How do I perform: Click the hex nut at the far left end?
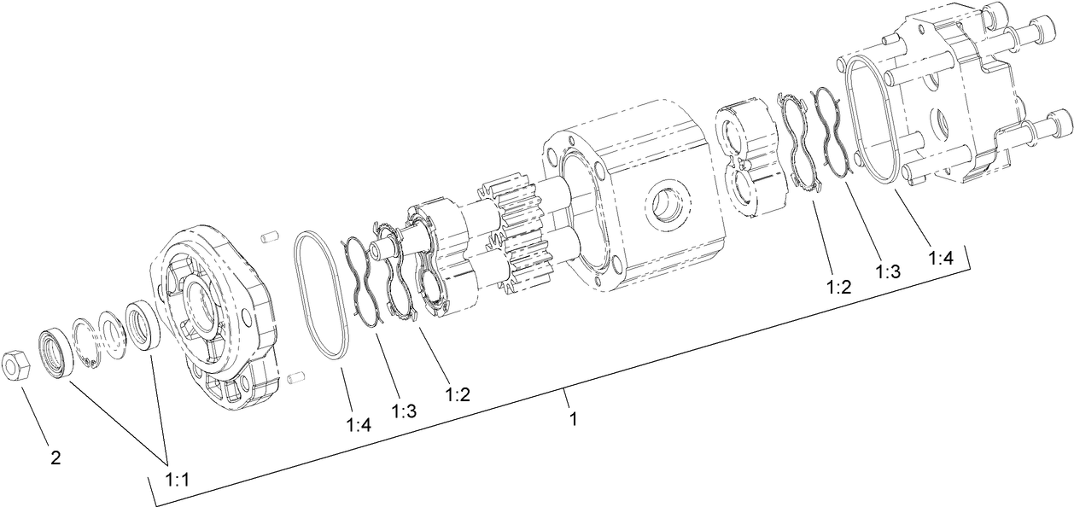tap(18, 365)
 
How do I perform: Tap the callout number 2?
tap(55, 457)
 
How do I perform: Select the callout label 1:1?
tap(176, 481)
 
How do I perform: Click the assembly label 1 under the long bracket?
tap(574, 419)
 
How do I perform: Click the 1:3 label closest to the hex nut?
tap(404, 411)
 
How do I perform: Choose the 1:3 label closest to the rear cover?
tap(888, 271)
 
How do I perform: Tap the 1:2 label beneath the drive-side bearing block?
tap(458, 394)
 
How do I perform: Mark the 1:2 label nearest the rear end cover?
tap(838, 286)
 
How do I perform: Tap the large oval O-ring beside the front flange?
tap(323, 294)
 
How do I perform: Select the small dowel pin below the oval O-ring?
tap(295, 376)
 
